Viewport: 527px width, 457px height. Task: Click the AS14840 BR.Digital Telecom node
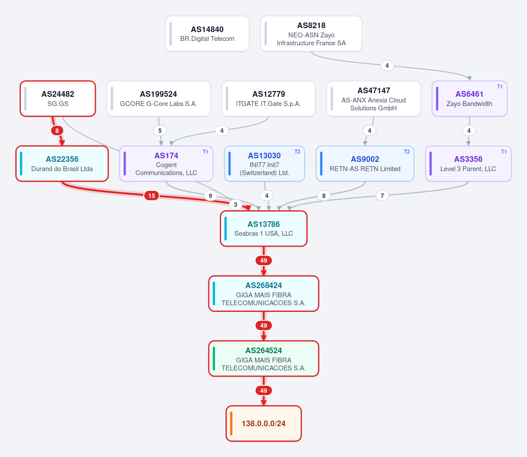coord(207,33)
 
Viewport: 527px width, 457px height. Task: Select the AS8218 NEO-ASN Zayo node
coord(311,33)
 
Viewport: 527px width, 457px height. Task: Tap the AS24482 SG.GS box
coord(58,99)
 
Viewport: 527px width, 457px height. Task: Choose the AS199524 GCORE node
coord(159,99)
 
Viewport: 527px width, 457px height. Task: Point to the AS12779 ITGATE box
coord(269,99)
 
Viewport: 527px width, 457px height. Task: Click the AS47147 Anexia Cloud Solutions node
coord(374,99)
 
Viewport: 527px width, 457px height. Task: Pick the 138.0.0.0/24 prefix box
coord(264,424)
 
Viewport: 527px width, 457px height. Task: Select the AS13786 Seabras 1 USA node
coord(264,229)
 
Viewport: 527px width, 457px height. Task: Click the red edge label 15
coord(152,196)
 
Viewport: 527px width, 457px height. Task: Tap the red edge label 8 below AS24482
coord(57,131)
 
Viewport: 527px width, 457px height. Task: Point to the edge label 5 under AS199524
coord(160,131)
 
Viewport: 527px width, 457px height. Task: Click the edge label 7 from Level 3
coord(382,196)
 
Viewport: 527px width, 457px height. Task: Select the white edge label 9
coord(211,196)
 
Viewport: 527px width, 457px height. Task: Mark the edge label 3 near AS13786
coord(235,205)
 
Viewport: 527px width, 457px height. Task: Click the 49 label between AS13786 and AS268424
coord(264,260)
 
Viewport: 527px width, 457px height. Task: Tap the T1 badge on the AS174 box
coord(205,152)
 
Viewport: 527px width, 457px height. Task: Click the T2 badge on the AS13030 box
coord(298,152)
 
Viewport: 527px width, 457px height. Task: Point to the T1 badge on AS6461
coord(500,87)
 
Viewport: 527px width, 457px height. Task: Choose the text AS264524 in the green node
coord(264,351)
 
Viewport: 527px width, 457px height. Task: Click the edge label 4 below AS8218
coord(387,66)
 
